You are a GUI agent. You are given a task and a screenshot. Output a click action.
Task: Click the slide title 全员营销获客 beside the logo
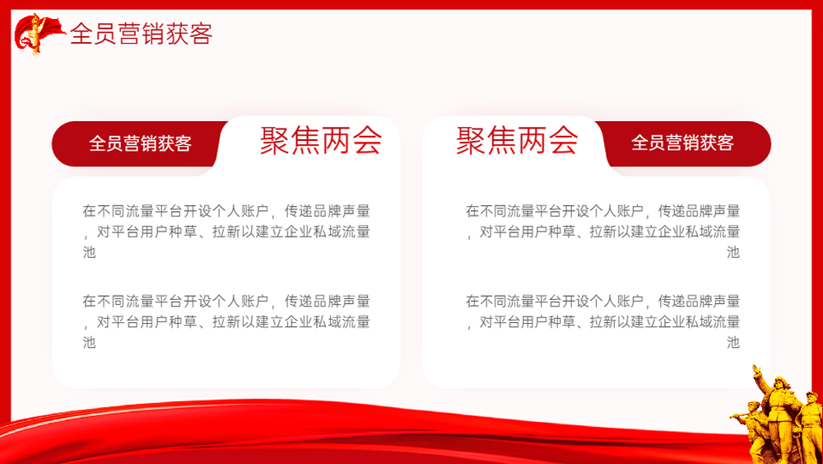point(142,34)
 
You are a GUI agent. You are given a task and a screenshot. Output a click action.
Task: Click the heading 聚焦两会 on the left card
point(321,140)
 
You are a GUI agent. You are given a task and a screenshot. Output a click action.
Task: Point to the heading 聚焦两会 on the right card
point(517,140)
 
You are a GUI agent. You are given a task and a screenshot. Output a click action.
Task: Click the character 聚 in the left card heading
point(275,140)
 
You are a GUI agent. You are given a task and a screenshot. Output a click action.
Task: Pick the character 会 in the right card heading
point(563,140)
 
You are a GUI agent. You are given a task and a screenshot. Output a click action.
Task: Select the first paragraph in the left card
point(226,232)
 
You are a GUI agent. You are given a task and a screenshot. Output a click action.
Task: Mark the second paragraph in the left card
point(226,321)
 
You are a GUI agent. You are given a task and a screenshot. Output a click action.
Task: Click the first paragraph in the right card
point(602,232)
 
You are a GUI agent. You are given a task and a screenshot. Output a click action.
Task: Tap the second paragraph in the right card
point(602,321)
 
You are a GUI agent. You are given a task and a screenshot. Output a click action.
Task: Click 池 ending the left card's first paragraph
point(89,252)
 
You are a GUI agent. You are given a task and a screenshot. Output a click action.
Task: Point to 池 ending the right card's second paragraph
point(733,342)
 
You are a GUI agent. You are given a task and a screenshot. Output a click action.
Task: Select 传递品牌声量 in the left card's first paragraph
point(328,211)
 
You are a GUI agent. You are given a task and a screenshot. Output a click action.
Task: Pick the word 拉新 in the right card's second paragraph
point(603,321)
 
